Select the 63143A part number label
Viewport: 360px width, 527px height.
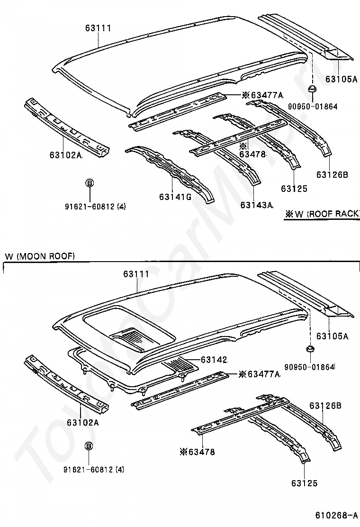point(257,205)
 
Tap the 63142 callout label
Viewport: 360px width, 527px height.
point(214,360)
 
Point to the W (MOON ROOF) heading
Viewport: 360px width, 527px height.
point(40,256)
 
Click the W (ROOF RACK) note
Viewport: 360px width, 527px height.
point(322,214)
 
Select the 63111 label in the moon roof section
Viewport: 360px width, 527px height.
point(136,274)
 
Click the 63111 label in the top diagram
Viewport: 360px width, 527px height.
point(98,28)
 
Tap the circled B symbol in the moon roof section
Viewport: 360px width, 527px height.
point(89,446)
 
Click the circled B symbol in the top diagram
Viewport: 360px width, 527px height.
point(89,183)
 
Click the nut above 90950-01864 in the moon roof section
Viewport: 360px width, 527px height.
point(311,350)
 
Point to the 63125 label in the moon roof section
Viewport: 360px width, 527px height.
point(304,483)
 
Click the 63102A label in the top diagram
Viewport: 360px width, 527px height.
point(65,155)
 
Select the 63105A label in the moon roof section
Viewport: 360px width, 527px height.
point(332,336)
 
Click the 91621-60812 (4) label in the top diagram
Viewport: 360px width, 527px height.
point(95,206)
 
